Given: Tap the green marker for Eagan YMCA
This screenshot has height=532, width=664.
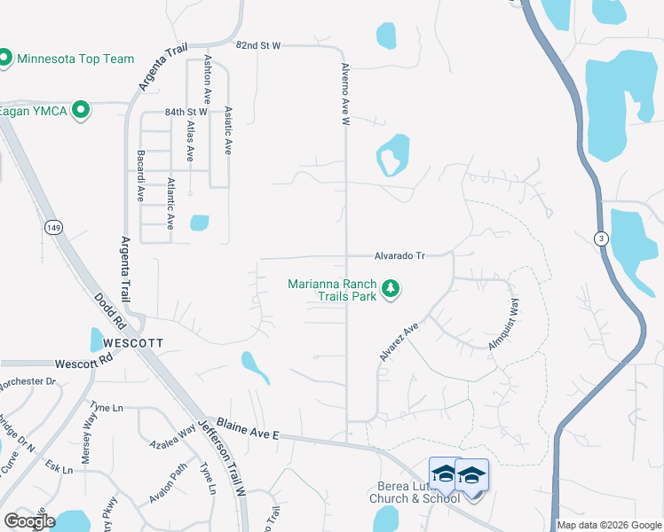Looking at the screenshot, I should (81, 110).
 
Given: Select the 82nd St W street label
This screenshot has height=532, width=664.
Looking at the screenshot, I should (257, 44).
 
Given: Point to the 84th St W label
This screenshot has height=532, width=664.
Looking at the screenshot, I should (186, 113).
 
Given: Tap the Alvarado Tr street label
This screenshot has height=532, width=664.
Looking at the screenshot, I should (399, 255).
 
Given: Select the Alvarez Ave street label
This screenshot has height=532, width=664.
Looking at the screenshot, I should (399, 341).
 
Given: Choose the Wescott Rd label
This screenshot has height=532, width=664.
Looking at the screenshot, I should (85, 363).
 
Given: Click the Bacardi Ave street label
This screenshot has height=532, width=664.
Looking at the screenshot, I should (140, 176).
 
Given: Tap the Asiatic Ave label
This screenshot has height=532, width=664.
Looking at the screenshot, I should (229, 131).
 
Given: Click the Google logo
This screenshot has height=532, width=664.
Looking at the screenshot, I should (29, 521).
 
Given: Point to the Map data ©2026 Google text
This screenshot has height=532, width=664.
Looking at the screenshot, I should (609, 525).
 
